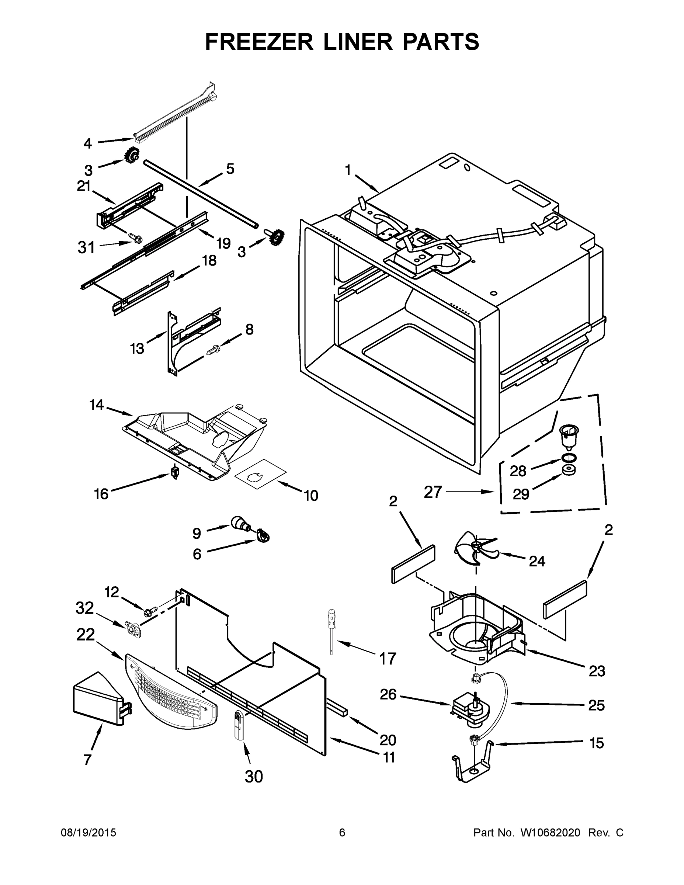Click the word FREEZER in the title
pos(259,42)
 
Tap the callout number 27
pos(433,492)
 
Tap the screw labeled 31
pos(135,238)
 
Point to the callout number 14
pos(97,405)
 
